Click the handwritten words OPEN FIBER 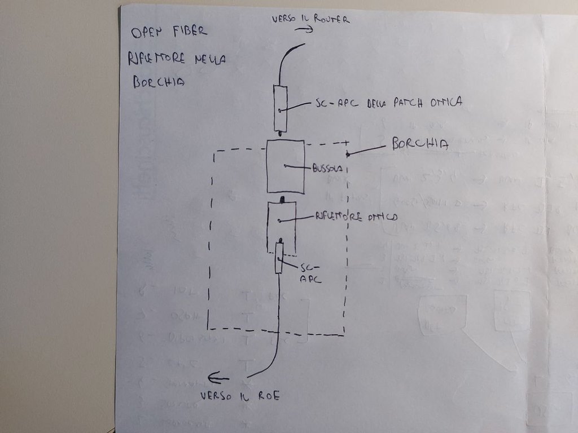pyautogui.click(x=169, y=33)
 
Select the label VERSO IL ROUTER pyautogui.click(x=310, y=19)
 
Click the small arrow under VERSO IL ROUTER pyautogui.click(x=308, y=30)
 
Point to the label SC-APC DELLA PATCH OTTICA pyautogui.click(x=389, y=103)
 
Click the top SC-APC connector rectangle pyautogui.click(x=281, y=108)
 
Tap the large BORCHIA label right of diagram pyautogui.click(x=420, y=144)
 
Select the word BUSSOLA pyautogui.click(x=327, y=169)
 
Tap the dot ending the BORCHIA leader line pyautogui.click(x=348, y=154)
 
